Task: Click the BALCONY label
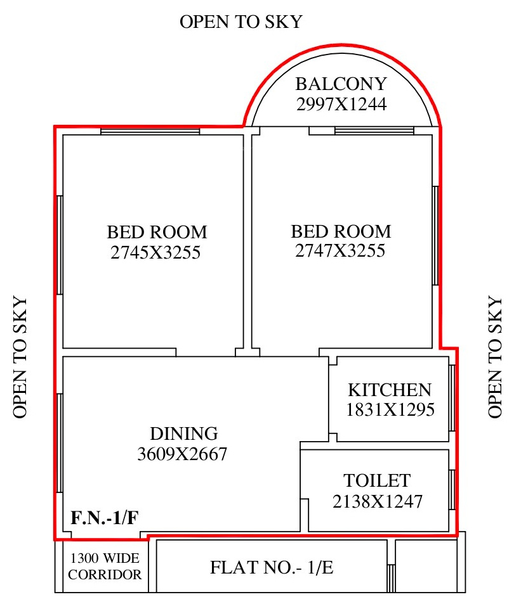coord(341,84)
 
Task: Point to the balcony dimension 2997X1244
coord(341,104)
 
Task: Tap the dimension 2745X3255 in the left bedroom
coord(155,252)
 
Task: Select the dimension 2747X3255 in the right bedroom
coord(340,250)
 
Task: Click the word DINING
coord(184,433)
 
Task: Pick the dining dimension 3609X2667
coord(182,454)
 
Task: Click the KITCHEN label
coord(390,390)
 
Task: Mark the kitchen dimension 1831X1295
coord(390,409)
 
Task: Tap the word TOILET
coord(377,480)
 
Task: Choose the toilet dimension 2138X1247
coord(378,501)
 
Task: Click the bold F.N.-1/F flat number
coord(105,518)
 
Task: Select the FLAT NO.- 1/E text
coord(272,567)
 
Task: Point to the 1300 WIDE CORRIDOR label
coord(105,566)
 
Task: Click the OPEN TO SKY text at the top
coord(241,22)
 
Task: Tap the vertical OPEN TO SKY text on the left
coord(20,357)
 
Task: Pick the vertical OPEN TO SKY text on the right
coord(495,357)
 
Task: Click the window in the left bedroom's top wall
coord(150,131)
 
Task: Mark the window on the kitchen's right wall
coord(452,398)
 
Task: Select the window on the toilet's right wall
coord(452,490)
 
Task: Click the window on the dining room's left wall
coord(60,443)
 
